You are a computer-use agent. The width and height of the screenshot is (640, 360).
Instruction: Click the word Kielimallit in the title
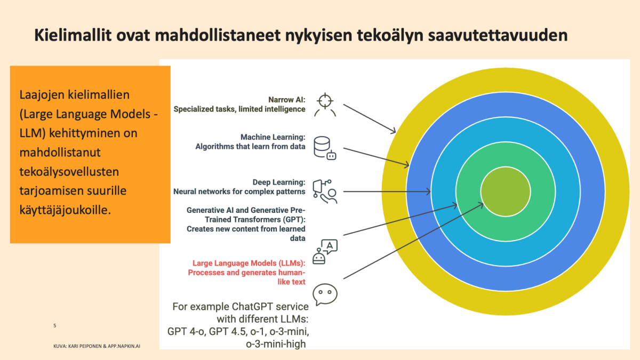[73, 35]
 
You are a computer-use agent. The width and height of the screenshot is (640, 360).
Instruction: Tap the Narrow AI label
[286, 100]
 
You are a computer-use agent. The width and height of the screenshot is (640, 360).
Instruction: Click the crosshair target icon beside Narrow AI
[325, 101]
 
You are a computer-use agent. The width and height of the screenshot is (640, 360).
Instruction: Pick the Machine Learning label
[273, 137]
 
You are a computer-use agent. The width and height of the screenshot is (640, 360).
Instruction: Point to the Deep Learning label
[278, 182]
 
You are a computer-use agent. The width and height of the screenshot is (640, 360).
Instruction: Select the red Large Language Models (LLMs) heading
[249, 263]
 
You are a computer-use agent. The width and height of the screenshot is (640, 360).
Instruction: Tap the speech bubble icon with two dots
[325, 294]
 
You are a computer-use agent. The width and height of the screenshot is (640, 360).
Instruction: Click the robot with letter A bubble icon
[325, 252]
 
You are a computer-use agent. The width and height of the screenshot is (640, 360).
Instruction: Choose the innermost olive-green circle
[506, 191]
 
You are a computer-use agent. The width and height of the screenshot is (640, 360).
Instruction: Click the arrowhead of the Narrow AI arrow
[394, 131]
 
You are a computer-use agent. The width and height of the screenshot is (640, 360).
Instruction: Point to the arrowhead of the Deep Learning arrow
[429, 191]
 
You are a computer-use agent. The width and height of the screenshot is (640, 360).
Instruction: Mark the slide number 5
[54, 325]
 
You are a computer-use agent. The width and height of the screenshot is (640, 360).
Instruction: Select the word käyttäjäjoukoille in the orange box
[65, 211]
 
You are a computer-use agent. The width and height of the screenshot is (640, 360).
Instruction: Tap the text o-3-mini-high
[276, 344]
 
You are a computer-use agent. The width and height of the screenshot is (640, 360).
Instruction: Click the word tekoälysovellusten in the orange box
[69, 172]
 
